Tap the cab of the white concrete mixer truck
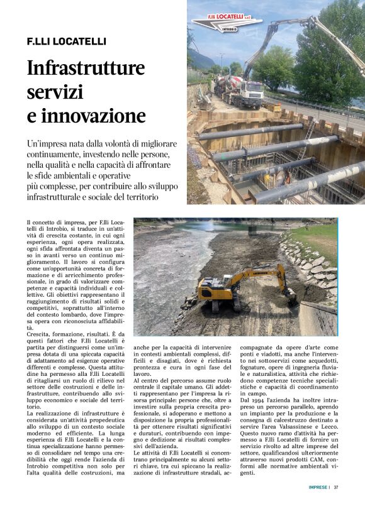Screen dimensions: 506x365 [251, 93]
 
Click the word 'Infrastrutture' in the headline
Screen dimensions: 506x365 [86, 68]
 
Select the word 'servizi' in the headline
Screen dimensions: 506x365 [55, 92]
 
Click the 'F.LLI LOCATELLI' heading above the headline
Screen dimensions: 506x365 [66, 41]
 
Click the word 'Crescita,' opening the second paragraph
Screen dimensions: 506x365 [42, 335]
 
